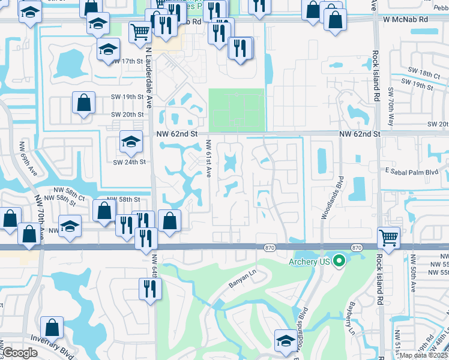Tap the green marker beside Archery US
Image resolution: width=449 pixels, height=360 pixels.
(x=339, y=260)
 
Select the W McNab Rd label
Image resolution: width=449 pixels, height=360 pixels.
(x=406, y=19)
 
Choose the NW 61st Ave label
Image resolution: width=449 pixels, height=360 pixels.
(x=208, y=158)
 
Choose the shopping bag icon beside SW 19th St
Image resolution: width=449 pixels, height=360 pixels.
(x=84, y=103)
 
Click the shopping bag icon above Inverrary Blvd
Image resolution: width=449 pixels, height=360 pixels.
(x=52, y=327)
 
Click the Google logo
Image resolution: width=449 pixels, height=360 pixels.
(x=20, y=353)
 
